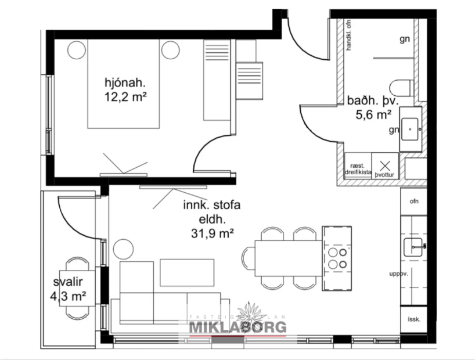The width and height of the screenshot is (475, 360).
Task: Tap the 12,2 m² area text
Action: [123, 97]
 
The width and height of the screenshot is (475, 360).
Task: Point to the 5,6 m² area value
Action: [372, 115]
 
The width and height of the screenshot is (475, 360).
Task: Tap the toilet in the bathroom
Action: [401, 88]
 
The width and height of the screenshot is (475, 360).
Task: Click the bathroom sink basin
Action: [411, 125]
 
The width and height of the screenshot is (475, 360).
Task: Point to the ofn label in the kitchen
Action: [414, 202]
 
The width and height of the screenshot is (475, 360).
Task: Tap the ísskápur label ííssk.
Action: [414, 319]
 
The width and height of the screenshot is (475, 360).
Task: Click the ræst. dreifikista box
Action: [358, 168]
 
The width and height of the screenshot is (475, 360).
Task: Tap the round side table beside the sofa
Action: [124, 249]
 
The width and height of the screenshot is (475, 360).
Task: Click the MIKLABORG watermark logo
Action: [237, 326]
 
